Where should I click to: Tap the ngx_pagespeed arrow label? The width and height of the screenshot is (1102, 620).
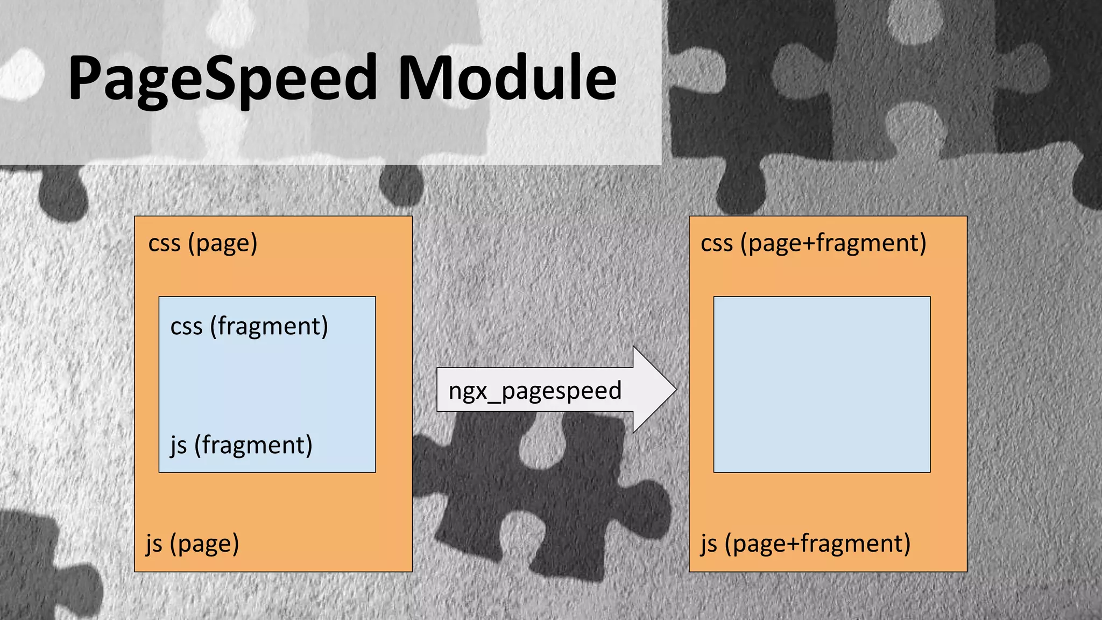point(535,391)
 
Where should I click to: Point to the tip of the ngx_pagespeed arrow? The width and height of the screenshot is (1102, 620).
point(675,390)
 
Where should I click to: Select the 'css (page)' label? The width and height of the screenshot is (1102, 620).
point(203,243)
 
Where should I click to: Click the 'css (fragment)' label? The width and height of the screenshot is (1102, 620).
point(249,327)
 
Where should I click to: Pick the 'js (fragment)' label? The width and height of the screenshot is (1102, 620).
point(241,446)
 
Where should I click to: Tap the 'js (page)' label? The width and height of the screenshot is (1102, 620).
point(192,544)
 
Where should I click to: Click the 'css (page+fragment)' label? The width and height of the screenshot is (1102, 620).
point(813,243)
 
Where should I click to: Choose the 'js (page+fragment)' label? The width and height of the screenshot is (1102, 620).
point(806,544)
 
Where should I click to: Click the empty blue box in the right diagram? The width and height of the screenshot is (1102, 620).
point(822,384)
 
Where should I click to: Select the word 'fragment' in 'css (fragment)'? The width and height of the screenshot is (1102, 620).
point(270,327)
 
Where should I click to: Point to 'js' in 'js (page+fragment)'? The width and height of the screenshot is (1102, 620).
point(709,544)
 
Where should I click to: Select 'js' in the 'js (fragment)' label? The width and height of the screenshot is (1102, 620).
point(178,446)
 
